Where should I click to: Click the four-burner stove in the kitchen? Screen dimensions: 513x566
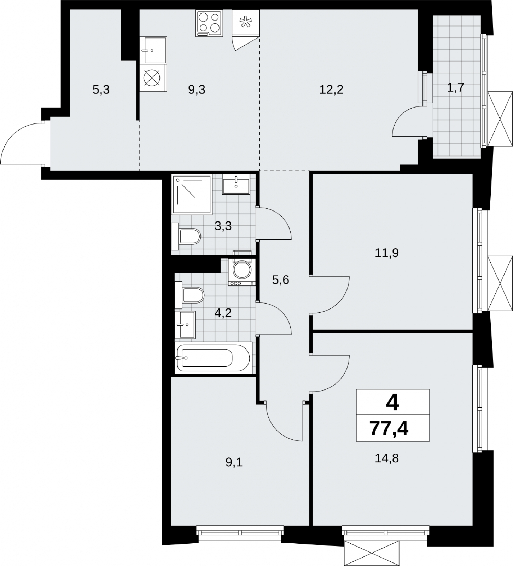point(209,23)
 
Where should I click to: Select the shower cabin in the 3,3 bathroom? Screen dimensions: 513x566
point(192,195)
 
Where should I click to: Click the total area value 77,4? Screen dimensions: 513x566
point(389,429)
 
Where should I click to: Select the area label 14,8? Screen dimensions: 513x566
point(386,458)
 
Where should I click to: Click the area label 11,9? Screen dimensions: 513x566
point(387,253)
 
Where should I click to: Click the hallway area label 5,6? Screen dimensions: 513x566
point(281,280)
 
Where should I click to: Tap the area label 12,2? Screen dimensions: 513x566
point(331,89)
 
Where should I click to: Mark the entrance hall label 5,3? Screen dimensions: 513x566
point(101,89)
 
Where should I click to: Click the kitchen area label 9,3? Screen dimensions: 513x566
point(197,89)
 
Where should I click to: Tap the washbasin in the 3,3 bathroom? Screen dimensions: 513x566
point(236,184)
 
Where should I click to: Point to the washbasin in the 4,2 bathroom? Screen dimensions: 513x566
point(185,324)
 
